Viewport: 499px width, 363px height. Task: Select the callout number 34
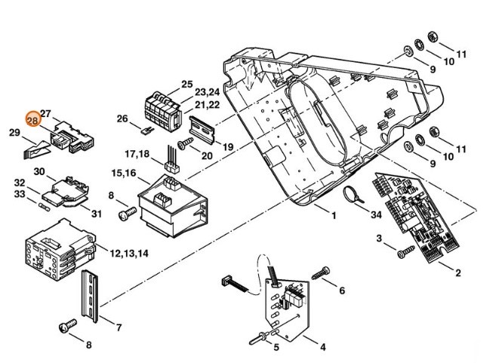377,216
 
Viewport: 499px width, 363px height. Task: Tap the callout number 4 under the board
322,349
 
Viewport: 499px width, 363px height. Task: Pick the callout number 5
276,347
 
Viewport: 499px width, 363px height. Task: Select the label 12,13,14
129,254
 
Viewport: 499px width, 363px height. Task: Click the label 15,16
124,174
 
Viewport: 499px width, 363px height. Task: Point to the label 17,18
138,154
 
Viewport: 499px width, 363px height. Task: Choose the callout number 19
227,146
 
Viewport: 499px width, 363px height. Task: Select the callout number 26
123,118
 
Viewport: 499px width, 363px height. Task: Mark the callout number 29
14,134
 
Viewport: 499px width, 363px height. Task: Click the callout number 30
39,171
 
